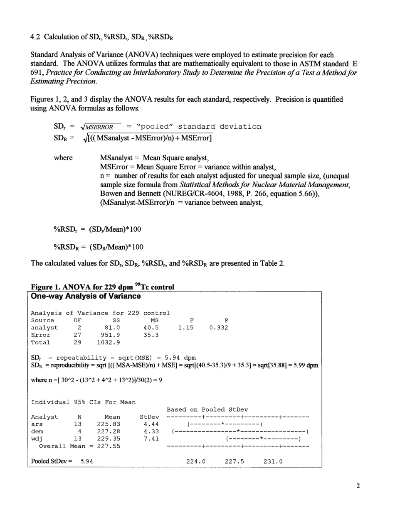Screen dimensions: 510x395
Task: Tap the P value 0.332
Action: (218, 328)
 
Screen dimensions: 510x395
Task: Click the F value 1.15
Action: (185, 328)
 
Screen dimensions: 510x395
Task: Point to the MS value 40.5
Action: (151, 328)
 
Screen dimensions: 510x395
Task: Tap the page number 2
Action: (358, 487)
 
